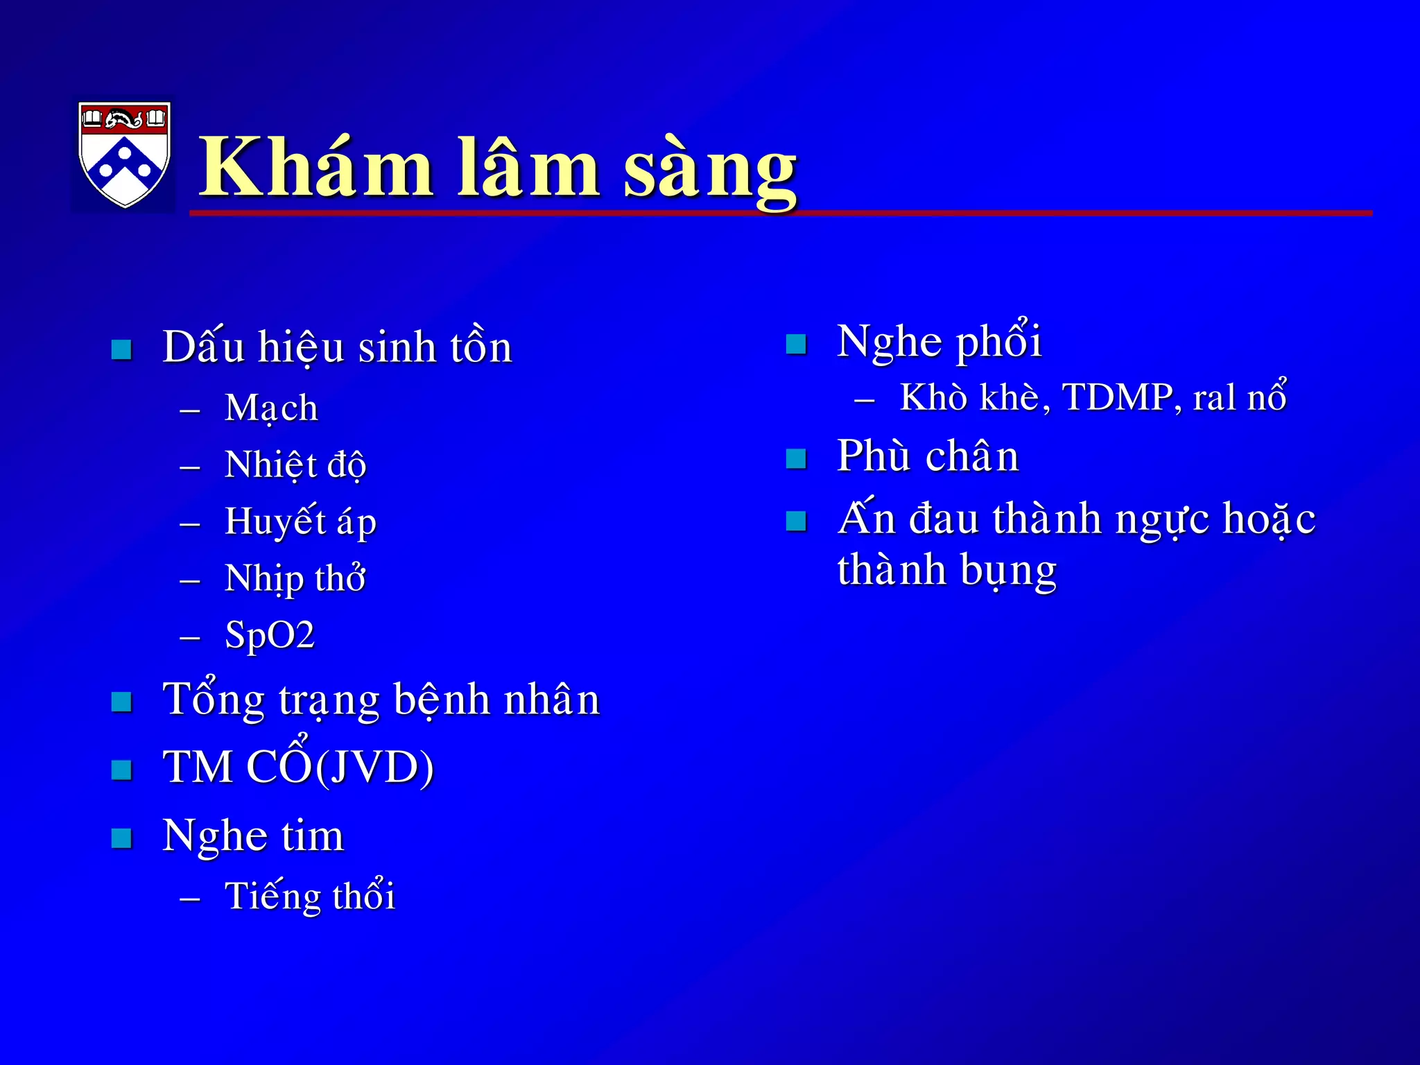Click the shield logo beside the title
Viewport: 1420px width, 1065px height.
124,154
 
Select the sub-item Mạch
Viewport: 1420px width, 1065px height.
271,408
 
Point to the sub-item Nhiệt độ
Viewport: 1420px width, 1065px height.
295,465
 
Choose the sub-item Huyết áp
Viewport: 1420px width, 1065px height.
300,521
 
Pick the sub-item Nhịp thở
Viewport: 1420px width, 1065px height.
295,578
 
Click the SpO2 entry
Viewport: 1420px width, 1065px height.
270,635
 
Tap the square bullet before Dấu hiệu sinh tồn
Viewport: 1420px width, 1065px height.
122,349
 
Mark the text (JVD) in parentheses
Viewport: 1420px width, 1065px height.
375,767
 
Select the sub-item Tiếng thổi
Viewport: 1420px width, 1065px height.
310,896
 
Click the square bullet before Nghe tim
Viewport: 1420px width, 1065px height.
122,838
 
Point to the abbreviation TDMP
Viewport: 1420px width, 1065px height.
1117,397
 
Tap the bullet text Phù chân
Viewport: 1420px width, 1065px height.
928,456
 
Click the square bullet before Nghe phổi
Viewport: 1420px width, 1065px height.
797,344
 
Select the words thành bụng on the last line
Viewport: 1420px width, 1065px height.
946,571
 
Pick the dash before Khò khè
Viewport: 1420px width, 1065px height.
864,400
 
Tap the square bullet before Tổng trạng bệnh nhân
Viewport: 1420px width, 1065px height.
122,702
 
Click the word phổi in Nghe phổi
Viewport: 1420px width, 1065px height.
998,342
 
